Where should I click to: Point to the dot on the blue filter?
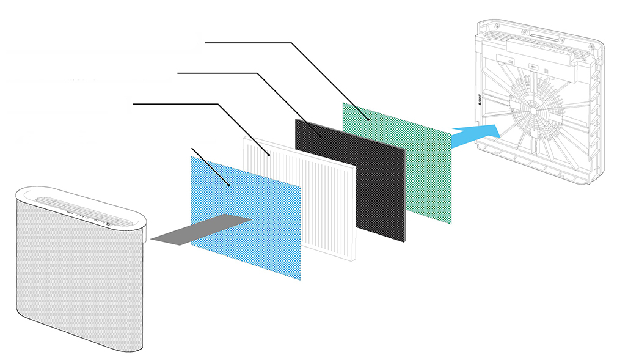[229, 185]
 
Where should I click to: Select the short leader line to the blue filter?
[211, 166]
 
